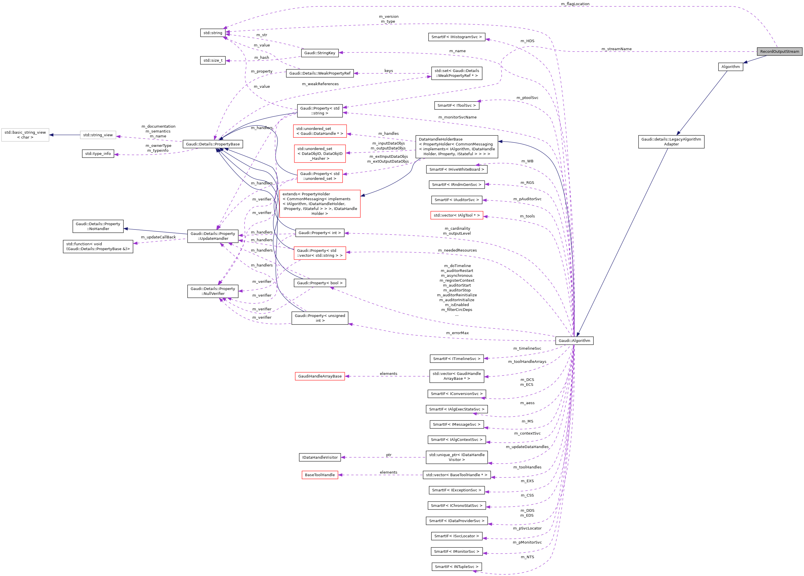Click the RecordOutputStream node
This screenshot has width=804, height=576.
pos(779,51)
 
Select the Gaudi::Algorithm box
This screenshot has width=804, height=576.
pos(574,340)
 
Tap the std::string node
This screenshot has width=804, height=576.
pos(213,33)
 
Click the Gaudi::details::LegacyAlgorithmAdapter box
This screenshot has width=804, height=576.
pos(671,142)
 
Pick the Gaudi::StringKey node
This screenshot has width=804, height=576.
pos(319,53)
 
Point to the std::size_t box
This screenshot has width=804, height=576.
pos(213,60)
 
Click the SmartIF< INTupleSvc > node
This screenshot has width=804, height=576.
pos(456,567)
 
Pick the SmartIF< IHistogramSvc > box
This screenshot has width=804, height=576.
pos(456,37)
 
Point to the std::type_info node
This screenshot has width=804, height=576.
pos(98,153)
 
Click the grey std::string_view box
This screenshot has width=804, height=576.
pos(98,135)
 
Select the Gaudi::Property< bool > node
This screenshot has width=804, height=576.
pos(319,283)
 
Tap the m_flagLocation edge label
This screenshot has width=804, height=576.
pos(575,4)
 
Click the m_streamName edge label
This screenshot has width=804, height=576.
pos(616,49)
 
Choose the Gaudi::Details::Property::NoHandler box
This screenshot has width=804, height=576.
pos(98,226)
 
